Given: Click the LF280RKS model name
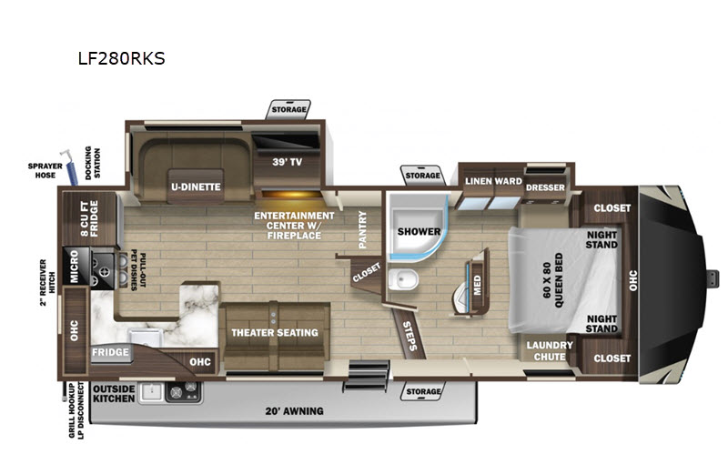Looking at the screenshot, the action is click(121, 58).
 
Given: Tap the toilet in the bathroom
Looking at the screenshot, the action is click(403, 280).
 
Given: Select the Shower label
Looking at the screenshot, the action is click(419, 231).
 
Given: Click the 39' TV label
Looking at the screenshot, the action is click(287, 162).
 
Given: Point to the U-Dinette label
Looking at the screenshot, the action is click(196, 187).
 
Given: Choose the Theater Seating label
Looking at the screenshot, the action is click(275, 332).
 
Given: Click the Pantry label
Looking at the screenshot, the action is click(362, 229).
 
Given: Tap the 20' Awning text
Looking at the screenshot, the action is click(294, 411).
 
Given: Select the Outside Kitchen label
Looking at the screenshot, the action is click(114, 394).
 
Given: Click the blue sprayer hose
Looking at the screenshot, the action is click(69, 167).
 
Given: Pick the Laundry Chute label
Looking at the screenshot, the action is click(550, 351).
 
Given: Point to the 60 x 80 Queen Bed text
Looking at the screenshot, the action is click(552, 280).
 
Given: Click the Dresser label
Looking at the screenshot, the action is click(545, 187).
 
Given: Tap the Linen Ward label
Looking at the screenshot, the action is click(493, 181).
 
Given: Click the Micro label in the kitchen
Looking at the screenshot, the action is click(75, 266).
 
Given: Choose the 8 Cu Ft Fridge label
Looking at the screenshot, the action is click(89, 218).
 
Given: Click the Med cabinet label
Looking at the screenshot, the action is click(478, 285).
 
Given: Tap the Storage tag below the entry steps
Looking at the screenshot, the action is click(423, 391).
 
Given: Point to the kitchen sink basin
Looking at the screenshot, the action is click(146, 338).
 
